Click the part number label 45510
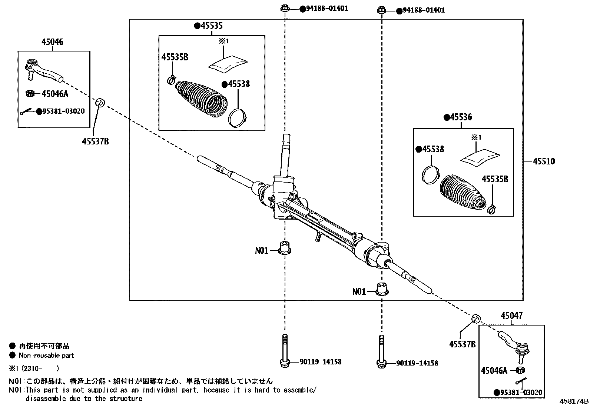(544, 161)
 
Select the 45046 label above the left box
(52, 42)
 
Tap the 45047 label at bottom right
(511, 316)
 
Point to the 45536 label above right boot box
(461, 117)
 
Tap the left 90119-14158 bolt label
(320, 362)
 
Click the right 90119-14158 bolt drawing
(381, 352)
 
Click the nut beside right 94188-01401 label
(382, 10)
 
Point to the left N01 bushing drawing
(284, 247)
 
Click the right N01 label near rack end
(358, 292)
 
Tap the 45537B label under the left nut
(95, 141)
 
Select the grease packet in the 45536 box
(480, 157)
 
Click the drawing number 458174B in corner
(574, 401)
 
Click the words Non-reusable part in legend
(46, 356)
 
